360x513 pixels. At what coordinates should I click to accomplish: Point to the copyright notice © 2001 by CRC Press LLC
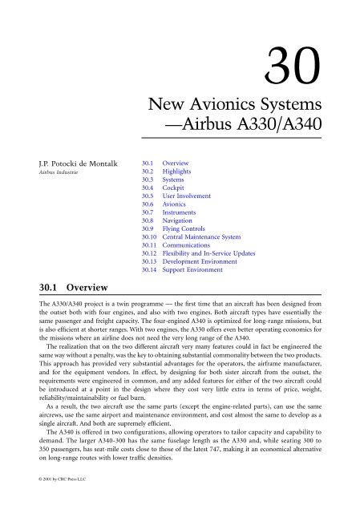pos(42,502)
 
